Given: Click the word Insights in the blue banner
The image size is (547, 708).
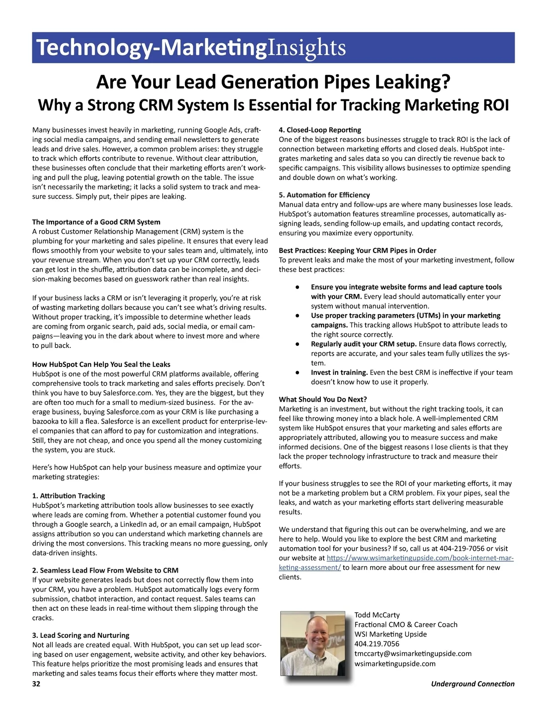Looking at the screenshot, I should pyautogui.click(x=306, y=48).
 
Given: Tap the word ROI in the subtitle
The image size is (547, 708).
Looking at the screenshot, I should pyautogui.click(x=495, y=105).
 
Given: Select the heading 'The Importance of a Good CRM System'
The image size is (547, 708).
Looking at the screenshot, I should pyautogui.click(x=96, y=222).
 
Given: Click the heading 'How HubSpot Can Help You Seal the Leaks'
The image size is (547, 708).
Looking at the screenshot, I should pyautogui.click(x=101, y=364).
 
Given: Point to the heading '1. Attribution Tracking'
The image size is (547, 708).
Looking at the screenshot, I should pyautogui.click(x=68, y=496).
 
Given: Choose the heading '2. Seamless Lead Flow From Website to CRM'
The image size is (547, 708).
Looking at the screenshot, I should pyautogui.click(x=105, y=570).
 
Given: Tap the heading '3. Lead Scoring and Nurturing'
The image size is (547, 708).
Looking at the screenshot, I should pyautogui.click(x=81, y=635).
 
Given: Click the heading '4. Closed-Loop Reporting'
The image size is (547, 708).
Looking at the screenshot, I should pyautogui.click(x=320, y=130).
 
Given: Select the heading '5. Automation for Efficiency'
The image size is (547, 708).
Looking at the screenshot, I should pyautogui.click(x=324, y=195).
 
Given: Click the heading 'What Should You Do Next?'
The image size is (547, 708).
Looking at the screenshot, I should pyautogui.click(x=323, y=399).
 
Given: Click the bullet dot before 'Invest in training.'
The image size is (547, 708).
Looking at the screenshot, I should pyautogui.click(x=297, y=372).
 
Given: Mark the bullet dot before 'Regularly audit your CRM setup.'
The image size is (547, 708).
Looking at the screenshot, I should pyautogui.click(x=297, y=344).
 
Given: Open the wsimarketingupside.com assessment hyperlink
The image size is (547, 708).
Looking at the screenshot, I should pyautogui.click(x=420, y=558).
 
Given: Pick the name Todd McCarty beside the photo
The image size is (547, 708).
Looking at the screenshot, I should pyautogui.click(x=377, y=615).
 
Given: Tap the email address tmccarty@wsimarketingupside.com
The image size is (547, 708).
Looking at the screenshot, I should pyautogui.click(x=413, y=654).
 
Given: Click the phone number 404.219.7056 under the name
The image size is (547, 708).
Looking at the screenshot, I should pyautogui.click(x=377, y=644).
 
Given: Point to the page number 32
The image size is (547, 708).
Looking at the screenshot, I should pyautogui.click(x=36, y=684).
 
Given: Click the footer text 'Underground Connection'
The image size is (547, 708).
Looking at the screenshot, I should pyautogui.click(x=473, y=684).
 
